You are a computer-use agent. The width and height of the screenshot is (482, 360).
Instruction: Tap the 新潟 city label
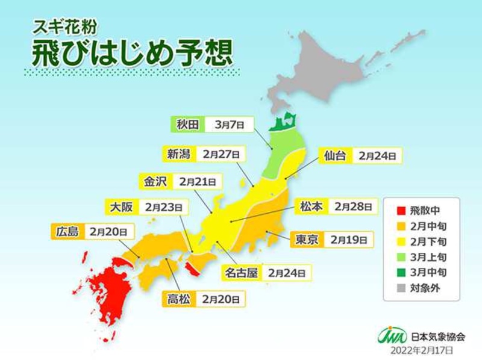(x=179, y=154)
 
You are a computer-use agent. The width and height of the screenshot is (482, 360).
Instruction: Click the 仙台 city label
(x=334, y=155)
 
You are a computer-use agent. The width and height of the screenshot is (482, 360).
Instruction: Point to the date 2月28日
(x=352, y=206)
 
